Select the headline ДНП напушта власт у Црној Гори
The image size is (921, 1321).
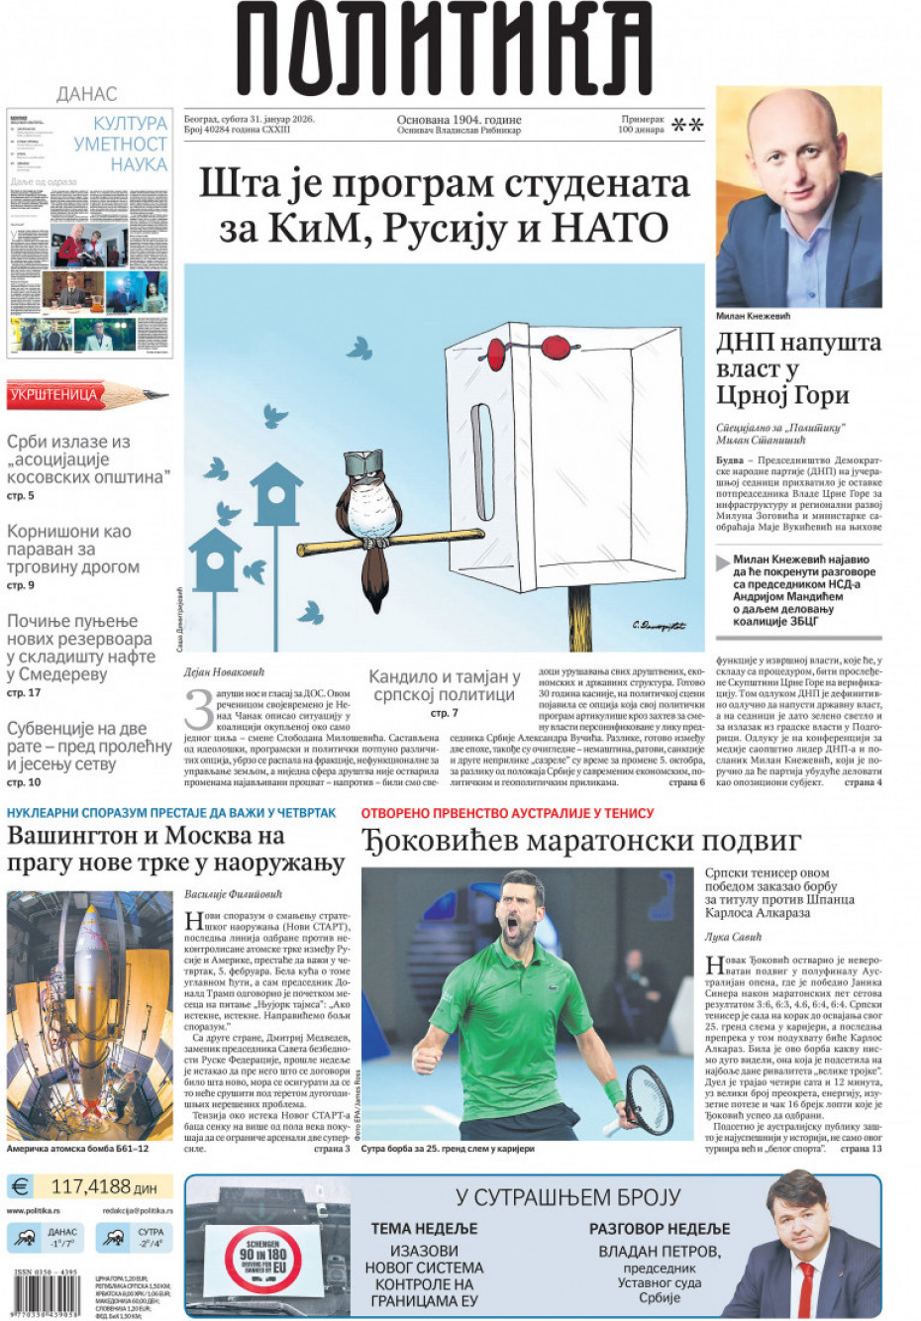(797, 368)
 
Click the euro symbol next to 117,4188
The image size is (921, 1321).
(21, 1185)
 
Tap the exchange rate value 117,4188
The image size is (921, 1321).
(103, 1185)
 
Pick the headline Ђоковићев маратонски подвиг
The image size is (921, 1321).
(580, 841)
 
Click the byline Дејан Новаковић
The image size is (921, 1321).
(226, 672)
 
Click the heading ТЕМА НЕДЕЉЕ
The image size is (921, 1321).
(424, 1228)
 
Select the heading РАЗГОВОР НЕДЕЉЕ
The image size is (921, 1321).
(660, 1228)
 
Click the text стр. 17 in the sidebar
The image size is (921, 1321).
(24, 693)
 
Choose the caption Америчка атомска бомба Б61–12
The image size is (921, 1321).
(78, 1149)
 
